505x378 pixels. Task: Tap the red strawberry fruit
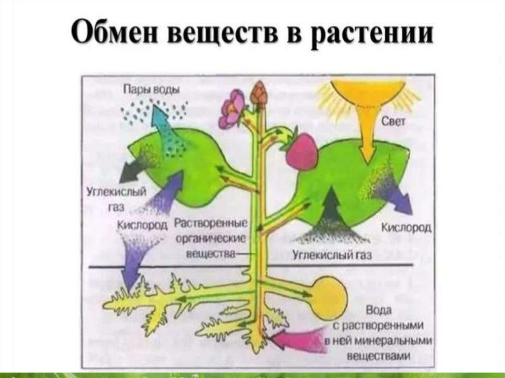pyautogui.click(x=302, y=151)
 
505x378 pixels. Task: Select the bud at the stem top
pyautogui.click(x=258, y=93)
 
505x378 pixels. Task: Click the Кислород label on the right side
pyautogui.click(x=407, y=227)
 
